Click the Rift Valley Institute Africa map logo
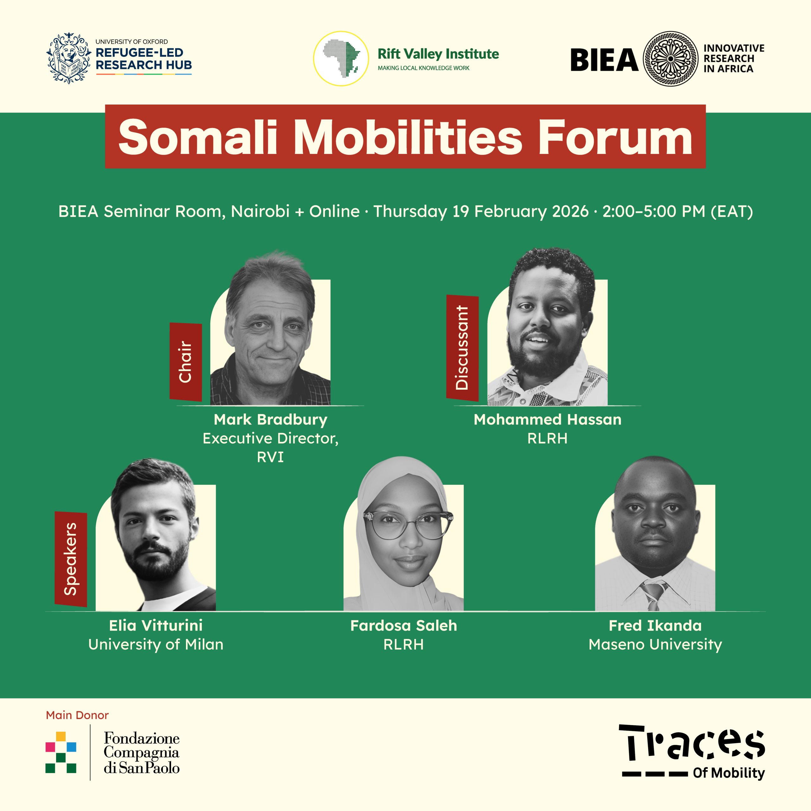coord(341,59)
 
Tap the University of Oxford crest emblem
coord(68,59)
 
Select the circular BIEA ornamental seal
coord(670,59)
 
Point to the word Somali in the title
coord(198,137)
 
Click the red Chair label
coord(186,362)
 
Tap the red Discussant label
coord(462,348)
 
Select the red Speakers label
coord(71,559)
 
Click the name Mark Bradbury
coord(270,419)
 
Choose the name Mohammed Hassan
coord(547,419)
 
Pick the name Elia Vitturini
coord(156,625)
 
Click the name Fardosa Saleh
coord(403,625)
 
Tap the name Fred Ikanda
coord(655,625)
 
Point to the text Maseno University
coord(655,644)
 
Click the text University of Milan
coord(156,644)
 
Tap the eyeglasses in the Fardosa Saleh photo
coord(408,525)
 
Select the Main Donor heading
coord(77,715)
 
